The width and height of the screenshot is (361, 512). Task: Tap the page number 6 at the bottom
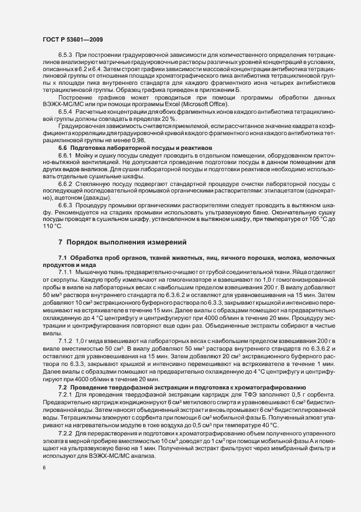[44, 469]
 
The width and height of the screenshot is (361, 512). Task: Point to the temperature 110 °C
[53, 226]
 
